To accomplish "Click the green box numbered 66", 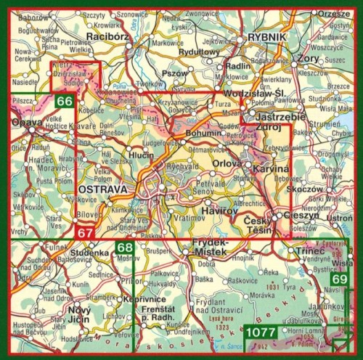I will pos(65,102).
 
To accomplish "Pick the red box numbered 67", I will pos(86,232).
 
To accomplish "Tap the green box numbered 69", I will pos(339,279).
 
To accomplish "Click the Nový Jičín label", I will pos(79,315).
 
